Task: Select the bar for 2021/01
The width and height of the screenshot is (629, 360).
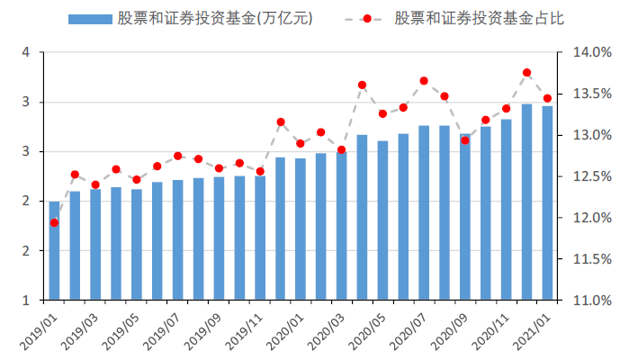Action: tap(546, 202)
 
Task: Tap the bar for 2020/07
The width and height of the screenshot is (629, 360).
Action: tap(424, 212)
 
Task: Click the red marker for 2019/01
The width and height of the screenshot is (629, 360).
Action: tap(54, 222)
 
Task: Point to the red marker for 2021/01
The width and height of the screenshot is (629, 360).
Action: tap(547, 99)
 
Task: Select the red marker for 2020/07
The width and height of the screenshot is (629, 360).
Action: tap(424, 81)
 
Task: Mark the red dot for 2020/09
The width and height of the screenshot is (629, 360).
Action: tap(465, 140)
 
